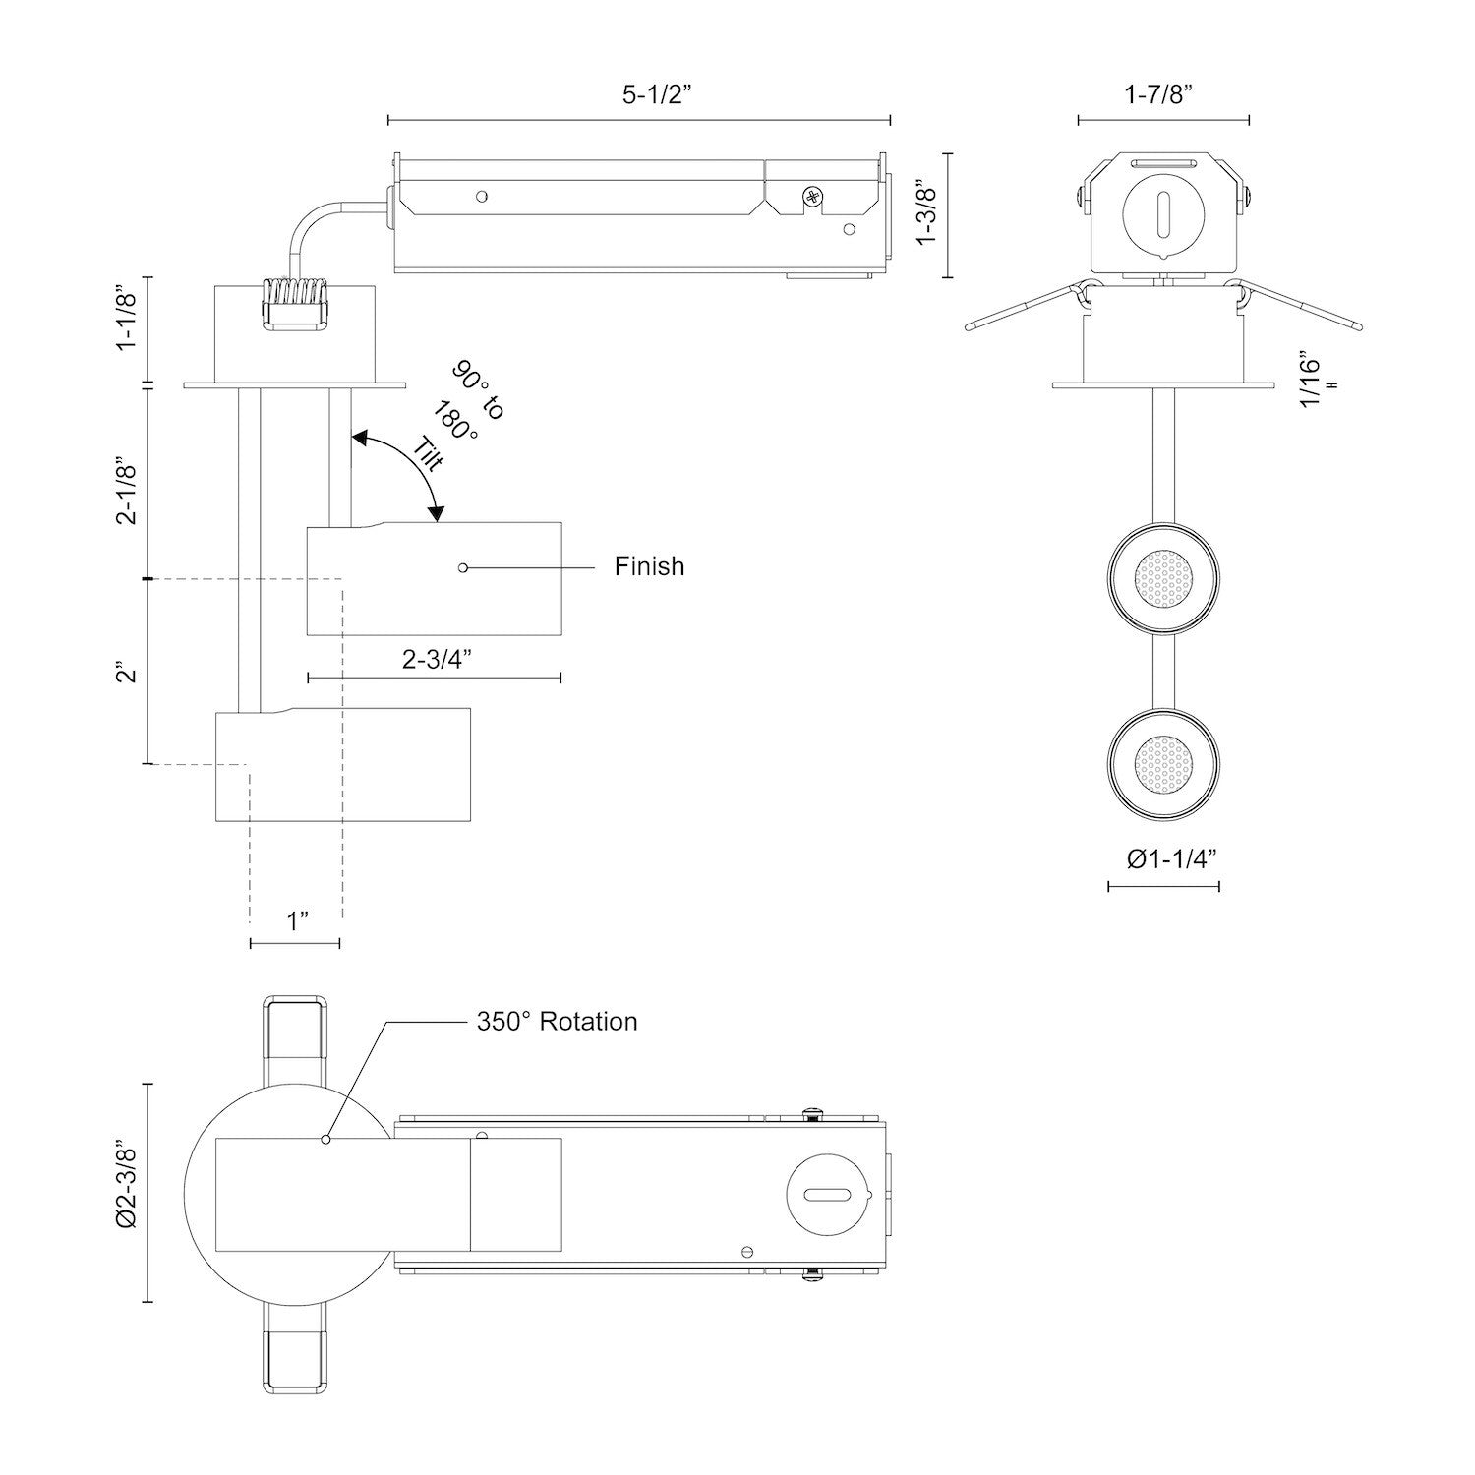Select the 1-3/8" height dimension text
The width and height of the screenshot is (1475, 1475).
(x=924, y=214)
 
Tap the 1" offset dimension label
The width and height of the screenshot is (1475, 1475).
(x=298, y=921)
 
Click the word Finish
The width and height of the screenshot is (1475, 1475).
(x=649, y=566)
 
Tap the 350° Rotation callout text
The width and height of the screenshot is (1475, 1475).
(x=557, y=1022)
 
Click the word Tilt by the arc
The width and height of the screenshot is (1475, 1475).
(x=429, y=455)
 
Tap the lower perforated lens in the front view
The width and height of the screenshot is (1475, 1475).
(x=1163, y=763)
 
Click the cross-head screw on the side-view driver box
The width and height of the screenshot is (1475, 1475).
(x=813, y=198)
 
